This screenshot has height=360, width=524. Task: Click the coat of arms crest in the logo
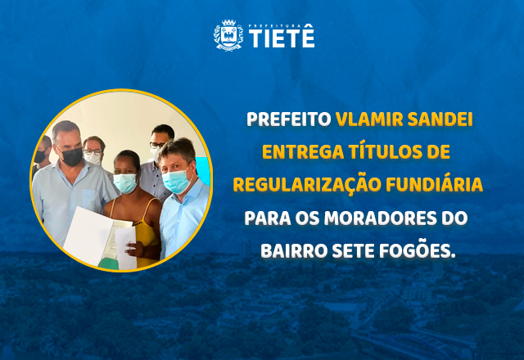[x=228, y=36]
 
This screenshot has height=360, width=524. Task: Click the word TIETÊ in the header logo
[x=281, y=38]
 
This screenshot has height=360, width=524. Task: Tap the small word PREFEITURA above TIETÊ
[x=281, y=25]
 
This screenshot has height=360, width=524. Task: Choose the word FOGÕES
[x=421, y=250]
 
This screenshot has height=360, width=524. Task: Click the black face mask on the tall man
[x=71, y=155]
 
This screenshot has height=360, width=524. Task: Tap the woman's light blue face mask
[x=124, y=182]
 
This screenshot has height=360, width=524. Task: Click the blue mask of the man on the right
[x=176, y=182]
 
